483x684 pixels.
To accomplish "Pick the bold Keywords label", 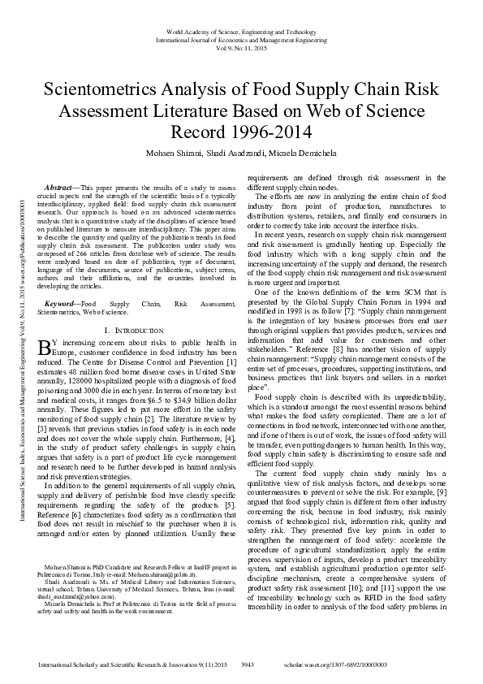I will click(64, 303).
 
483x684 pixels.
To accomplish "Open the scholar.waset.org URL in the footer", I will click(383, 664).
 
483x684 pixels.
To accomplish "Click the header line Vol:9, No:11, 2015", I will click(241, 48).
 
